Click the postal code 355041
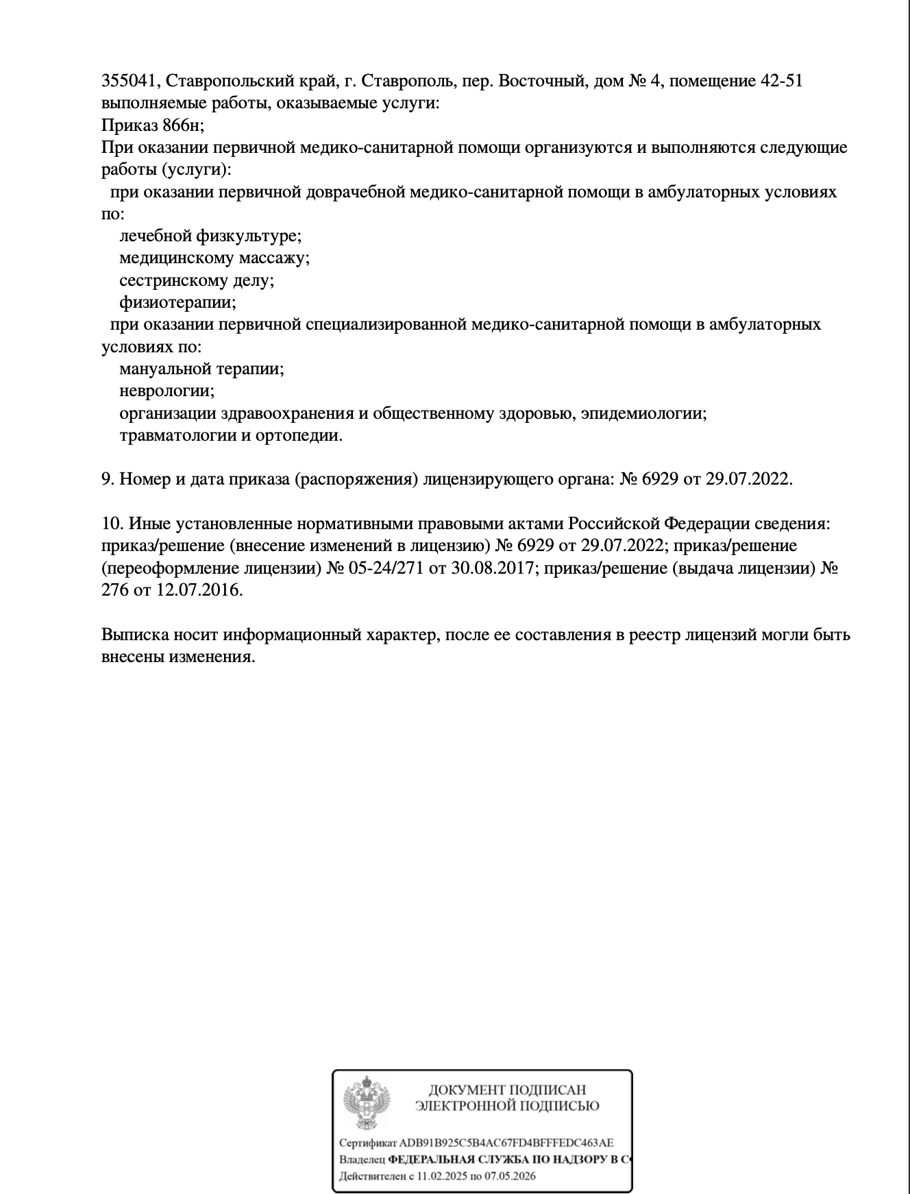[x=130, y=82]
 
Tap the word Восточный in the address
[x=541, y=82]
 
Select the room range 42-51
[x=781, y=82]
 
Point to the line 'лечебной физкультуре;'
[x=210, y=236]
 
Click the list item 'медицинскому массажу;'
[x=214, y=258]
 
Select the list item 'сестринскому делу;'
[x=197, y=280]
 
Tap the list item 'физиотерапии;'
[x=177, y=302]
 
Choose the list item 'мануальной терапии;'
[x=201, y=369]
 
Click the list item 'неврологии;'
[x=167, y=391]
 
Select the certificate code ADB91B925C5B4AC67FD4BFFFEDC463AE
[x=506, y=1143]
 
